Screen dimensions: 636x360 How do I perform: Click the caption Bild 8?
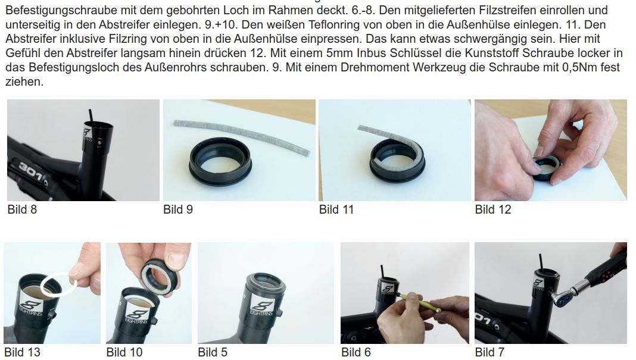(22, 209)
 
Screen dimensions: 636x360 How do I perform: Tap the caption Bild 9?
(177, 209)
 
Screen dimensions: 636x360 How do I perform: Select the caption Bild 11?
(336, 209)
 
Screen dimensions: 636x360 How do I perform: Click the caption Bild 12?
(493, 209)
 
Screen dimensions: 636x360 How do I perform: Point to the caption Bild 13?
(22, 352)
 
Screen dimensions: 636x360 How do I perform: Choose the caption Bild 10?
(124, 352)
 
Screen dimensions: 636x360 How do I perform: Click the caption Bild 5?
(213, 352)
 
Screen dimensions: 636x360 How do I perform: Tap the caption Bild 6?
(356, 352)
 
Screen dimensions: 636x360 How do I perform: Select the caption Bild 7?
(490, 352)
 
